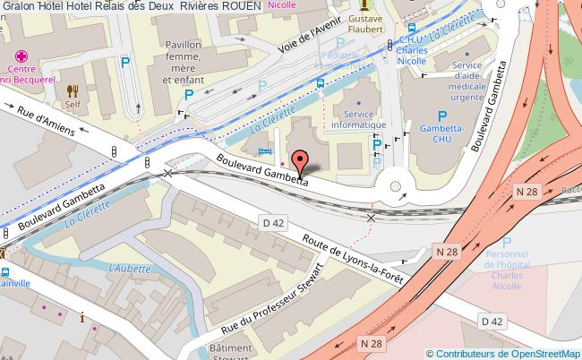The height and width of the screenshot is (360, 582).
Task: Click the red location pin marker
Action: (x=299, y=162)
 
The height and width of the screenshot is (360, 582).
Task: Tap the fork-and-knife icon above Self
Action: (x=73, y=90)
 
